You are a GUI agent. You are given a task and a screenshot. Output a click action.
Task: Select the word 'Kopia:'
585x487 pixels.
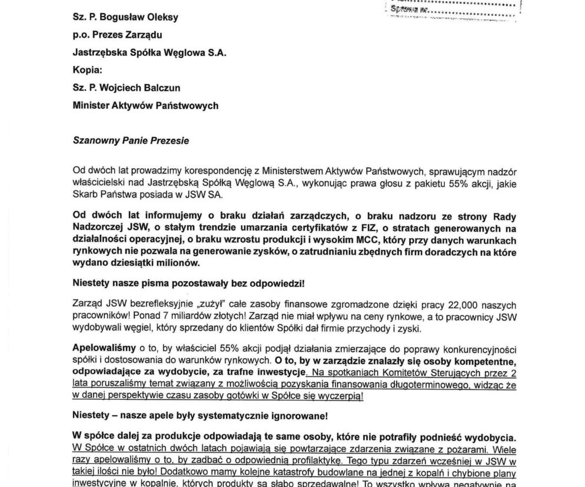(87, 70)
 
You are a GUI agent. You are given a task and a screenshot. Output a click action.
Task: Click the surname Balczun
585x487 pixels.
(159, 88)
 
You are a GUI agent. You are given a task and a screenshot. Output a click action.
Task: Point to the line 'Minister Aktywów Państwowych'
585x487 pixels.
(145, 105)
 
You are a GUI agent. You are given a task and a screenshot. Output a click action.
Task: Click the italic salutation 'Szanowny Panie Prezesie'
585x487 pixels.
(131, 141)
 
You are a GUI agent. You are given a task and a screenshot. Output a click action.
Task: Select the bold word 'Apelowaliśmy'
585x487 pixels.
(104, 347)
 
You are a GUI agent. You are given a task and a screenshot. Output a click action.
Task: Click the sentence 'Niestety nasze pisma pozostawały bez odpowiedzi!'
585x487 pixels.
(188, 283)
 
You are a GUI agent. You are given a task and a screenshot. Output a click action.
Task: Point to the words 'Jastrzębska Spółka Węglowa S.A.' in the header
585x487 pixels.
(149, 52)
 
